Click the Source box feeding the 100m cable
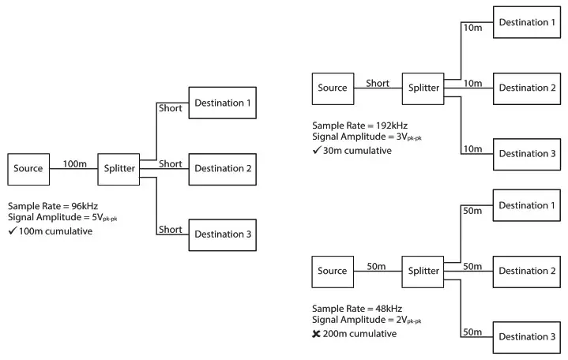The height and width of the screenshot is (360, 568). (28, 168)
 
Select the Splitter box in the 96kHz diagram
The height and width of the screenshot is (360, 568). (119, 168)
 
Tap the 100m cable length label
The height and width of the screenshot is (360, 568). (74, 163)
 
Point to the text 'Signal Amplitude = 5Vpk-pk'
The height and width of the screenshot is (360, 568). (62, 218)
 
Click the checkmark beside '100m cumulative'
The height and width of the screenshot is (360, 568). (13, 231)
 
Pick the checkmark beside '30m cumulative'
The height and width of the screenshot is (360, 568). (317, 150)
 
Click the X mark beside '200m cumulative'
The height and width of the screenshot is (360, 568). (317, 334)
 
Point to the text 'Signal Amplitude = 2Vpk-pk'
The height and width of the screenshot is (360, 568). (367, 321)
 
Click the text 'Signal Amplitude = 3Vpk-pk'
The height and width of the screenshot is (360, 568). (367, 137)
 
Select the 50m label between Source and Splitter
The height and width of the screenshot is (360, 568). (378, 266)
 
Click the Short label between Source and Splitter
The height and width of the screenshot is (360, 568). (378, 83)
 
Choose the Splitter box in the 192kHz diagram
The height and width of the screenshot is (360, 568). (423, 88)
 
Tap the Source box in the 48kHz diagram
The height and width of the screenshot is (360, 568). (333, 271)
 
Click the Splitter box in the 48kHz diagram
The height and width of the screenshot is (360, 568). (423, 271)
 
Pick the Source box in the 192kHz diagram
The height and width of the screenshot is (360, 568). (333, 88)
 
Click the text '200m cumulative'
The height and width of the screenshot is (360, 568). (360, 334)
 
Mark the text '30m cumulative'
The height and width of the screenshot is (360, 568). (358, 150)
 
